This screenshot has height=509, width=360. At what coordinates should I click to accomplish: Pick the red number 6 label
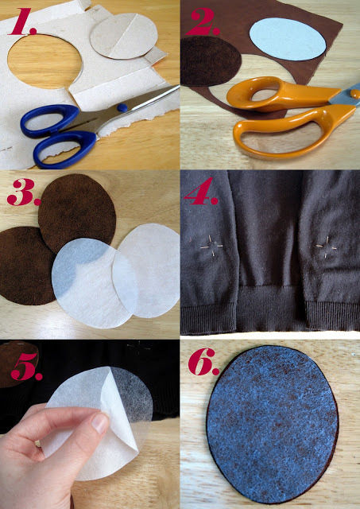[204, 367]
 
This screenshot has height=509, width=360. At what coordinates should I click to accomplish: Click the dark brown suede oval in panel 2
[211, 71]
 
